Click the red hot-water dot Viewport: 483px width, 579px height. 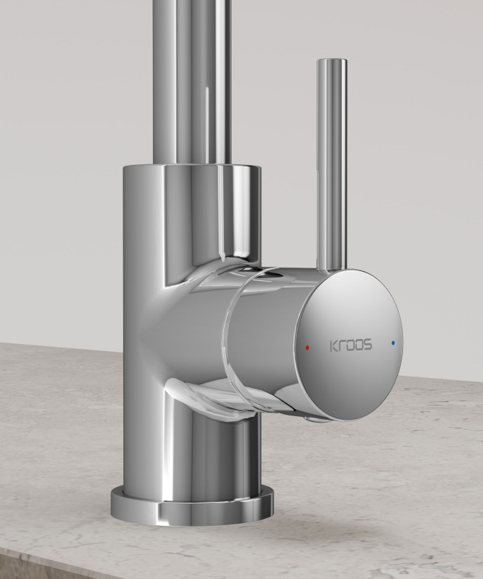(x=307, y=348)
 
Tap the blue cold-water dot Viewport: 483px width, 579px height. (x=392, y=343)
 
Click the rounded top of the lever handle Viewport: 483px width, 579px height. (x=332, y=62)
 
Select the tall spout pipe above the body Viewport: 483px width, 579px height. (x=192, y=81)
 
